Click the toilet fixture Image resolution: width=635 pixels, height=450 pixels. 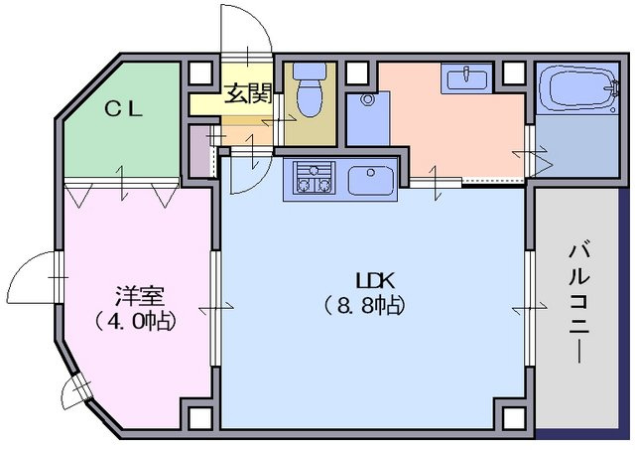pos(310,90)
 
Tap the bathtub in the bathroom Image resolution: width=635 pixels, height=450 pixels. pos(578,88)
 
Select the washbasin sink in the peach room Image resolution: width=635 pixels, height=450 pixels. pos(466,78)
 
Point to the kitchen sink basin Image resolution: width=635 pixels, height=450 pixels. pos(370,181)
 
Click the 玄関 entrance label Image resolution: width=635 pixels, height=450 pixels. pos(247,93)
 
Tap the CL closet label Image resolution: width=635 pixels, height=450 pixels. pos(124,109)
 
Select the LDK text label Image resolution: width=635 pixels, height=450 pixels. pos(374,280)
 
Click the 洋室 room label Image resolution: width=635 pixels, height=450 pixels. pos(139,296)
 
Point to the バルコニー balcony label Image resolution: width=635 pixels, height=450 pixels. pos(578,304)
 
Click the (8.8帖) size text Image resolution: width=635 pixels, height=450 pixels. pos(364,306)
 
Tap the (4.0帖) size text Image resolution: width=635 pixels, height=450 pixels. pos(135,322)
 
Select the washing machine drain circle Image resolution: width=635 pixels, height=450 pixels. pos(368,98)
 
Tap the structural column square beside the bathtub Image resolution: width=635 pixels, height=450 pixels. pos(514,73)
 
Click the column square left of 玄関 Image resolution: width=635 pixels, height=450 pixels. pos(200,74)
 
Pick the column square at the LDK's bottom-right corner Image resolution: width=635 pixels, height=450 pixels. pos(514,417)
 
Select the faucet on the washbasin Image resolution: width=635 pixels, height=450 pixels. pos(466,73)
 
